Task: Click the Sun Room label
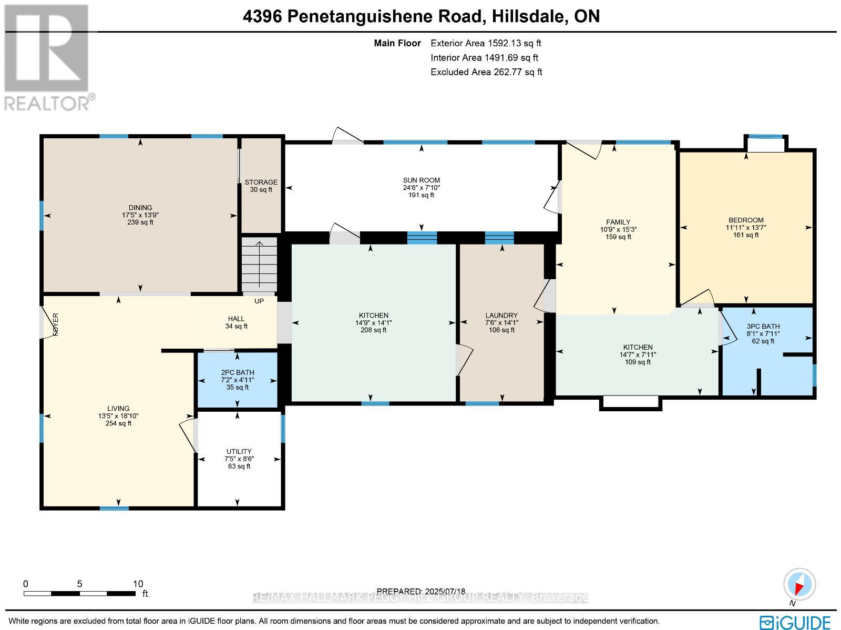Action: coord(421,180)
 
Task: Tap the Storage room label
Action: coord(261,182)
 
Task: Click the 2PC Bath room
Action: coord(237,380)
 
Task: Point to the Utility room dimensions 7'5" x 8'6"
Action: coord(239,459)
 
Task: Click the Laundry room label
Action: coord(501,316)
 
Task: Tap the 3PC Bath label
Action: coord(763,326)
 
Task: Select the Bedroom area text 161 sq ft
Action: coord(746,235)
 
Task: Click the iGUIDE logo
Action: coord(795,622)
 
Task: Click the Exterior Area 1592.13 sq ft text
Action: coord(486,44)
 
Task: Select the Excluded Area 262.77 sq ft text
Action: coord(486,72)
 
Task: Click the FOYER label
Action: coord(55,324)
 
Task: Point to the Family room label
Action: coord(618,222)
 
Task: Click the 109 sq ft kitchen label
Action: coord(638,362)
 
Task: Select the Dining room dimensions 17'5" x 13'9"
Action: coord(140,215)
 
